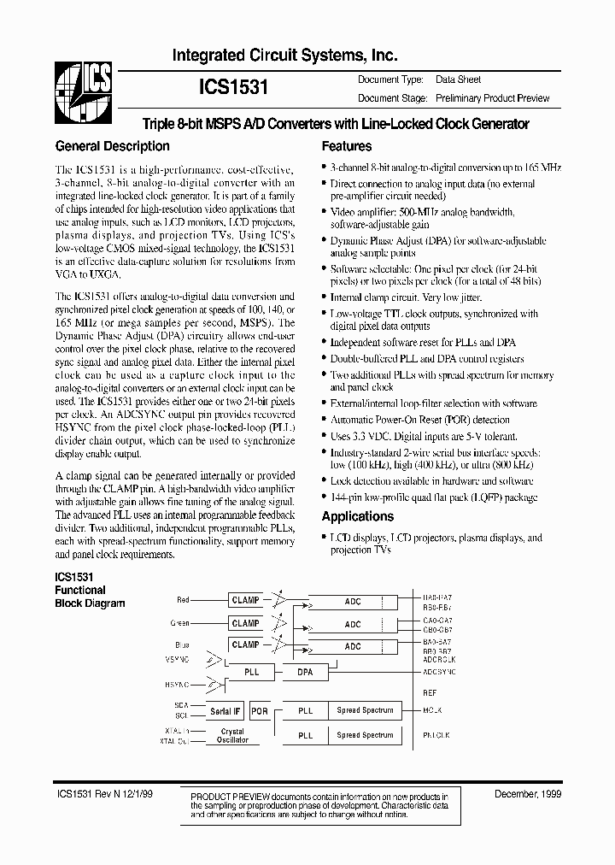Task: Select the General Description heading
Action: pyautogui.click(x=112, y=146)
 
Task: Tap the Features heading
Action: pyautogui.click(x=346, y=146)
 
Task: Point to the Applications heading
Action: pyautogui.click(x=357, y=516)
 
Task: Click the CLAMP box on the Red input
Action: pyautogui.click(x=245, y=601)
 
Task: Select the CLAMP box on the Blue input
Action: pyautogui.click(x=245, y=644)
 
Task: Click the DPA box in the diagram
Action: pyautogui.click(x=305, y=672)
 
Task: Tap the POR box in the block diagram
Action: pyautogui.click(x=260, y=710)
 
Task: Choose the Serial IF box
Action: pyautogui.click(x=225, y=710)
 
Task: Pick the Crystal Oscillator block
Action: pyautogui.click(x=232, y=735)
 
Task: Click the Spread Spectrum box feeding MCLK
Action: pyautogui.click(x=365, y=710)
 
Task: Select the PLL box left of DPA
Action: pyautogui.click(x=251, y=672)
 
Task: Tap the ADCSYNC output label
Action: pyautogui.click(x=440, y=673)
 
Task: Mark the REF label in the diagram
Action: pyautogui.click(x=429, y=693)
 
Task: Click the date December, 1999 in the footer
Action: pyautogui.click(x=527, y=795)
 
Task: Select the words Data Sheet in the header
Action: pyautogui.click(x=459, y=79)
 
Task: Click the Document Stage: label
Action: pyautogui.click(x=390, y=98)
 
